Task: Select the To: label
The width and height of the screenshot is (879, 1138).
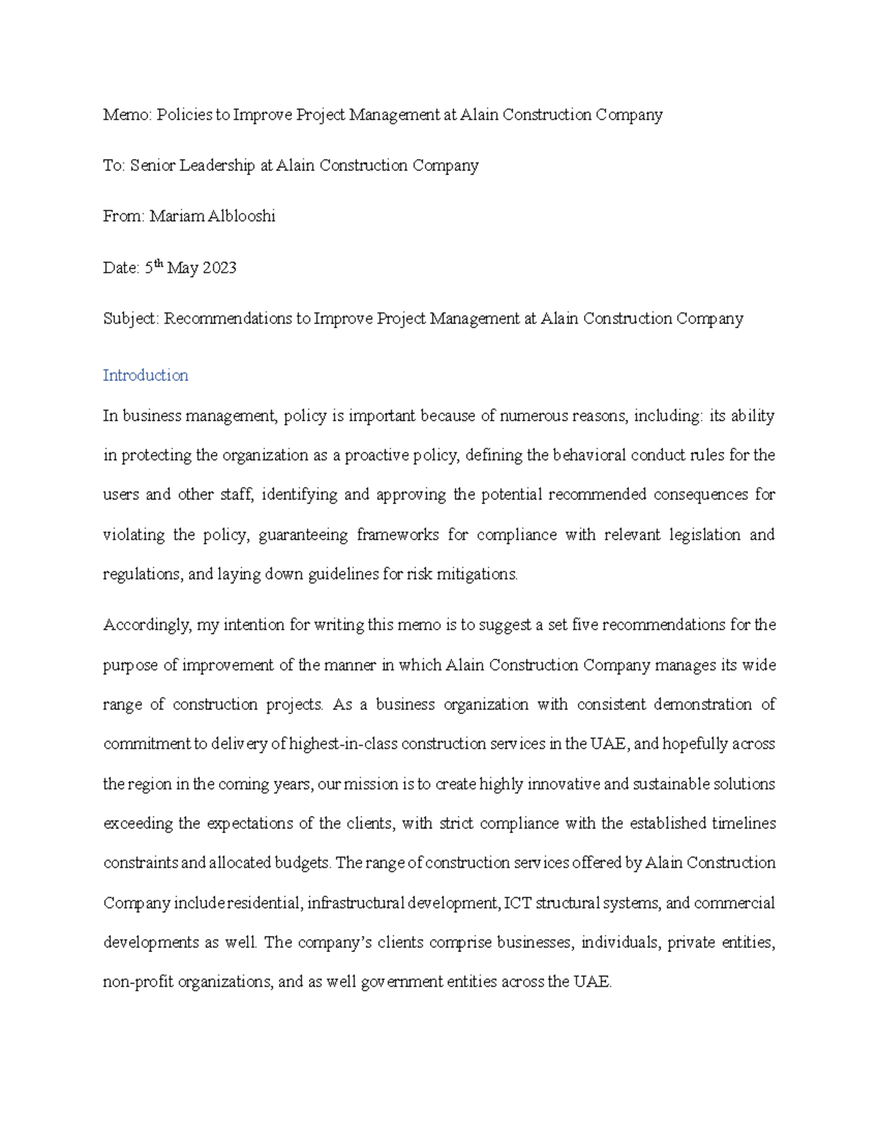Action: (x=114, y=166)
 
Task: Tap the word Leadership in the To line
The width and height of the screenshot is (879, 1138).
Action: (x=218, y=166)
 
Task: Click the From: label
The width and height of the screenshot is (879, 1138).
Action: (x=124, y=216)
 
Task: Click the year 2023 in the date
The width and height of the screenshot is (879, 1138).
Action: (x=219, y=268)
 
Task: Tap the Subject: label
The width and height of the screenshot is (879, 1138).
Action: (x=131, y=319)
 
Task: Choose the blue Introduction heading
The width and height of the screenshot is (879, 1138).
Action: (x=145, y=375)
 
